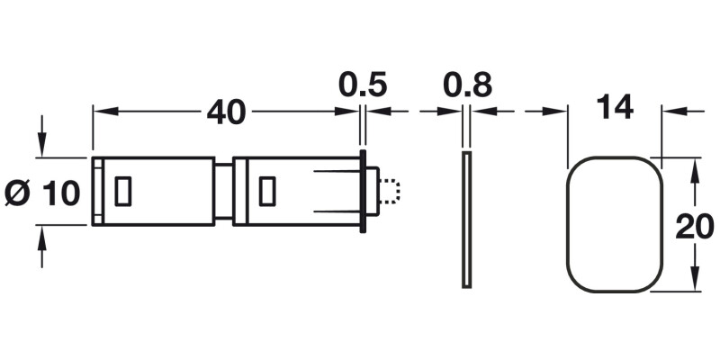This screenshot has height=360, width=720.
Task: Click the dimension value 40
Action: (x=226, y=112)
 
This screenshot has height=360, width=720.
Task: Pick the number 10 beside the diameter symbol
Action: (x=61, y=192)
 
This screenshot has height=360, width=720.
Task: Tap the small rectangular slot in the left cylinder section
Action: (x=123, y=191)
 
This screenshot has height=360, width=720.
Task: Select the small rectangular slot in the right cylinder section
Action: (x=266, y=191)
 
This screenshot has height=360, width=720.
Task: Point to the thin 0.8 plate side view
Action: (x=466, y=221)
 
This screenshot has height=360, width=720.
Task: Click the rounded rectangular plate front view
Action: (x=615, y=224)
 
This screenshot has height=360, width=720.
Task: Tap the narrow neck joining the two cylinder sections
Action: (x=223, y=191)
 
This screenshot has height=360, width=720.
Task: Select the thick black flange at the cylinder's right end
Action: (x=363, y=192)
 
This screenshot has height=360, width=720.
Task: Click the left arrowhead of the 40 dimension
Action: (x=100, y=112)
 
